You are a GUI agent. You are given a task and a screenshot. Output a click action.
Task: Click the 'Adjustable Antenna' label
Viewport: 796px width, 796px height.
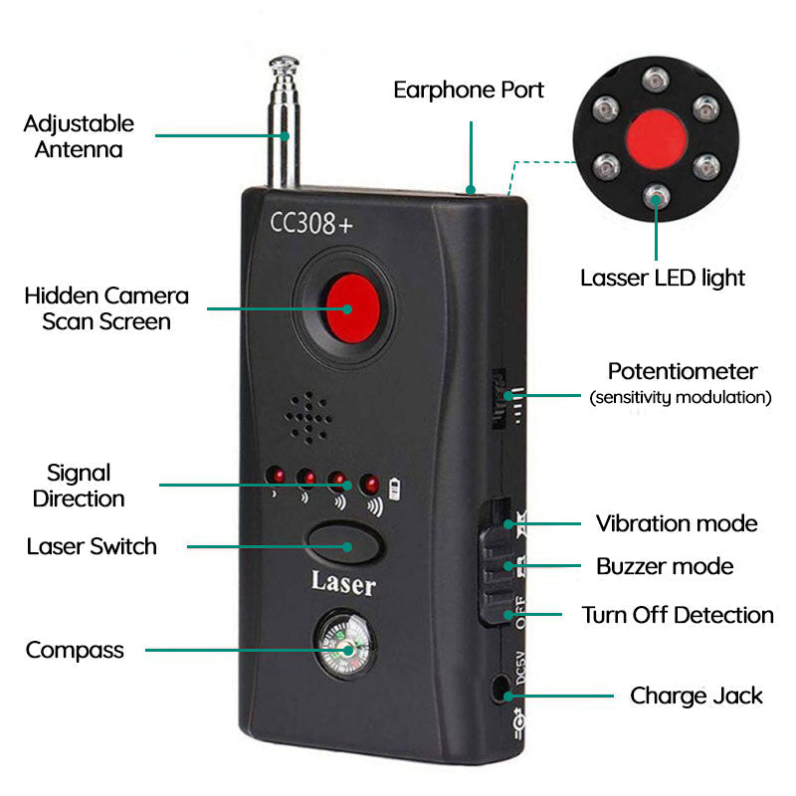(x=79, y=136)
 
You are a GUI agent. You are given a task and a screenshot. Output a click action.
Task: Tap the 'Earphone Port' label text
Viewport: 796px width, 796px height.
(x=469, y=90)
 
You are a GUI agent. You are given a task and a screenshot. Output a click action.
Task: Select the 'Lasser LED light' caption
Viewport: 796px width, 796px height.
(x=662, y=278)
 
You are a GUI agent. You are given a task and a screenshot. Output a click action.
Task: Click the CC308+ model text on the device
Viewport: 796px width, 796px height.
(x=310, y=223)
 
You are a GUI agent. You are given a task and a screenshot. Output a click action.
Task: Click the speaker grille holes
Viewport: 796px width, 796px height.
(x=311, y=417)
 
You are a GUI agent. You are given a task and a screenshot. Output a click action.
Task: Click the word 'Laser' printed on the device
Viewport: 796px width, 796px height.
(x=343, y=583)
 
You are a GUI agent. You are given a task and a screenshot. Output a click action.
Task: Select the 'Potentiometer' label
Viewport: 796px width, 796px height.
(x=682, y=372)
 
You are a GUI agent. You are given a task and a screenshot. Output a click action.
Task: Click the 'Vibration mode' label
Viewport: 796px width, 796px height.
(x=676, y=523)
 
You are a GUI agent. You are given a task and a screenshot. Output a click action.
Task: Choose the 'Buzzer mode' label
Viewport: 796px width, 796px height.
(x=664, y=566)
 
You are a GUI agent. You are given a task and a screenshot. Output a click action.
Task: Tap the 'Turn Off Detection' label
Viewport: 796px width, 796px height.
(x=677, y=615)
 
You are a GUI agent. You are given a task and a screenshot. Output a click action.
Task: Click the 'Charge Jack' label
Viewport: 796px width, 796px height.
(x=696, y=696)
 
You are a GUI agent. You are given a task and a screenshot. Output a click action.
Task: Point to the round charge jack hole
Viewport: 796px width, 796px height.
(x=500, y=687)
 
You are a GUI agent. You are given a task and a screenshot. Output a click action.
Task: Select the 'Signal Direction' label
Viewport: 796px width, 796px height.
(x=79, y=486)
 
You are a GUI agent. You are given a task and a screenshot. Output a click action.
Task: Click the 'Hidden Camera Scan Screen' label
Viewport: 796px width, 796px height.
(x=106, y=308)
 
